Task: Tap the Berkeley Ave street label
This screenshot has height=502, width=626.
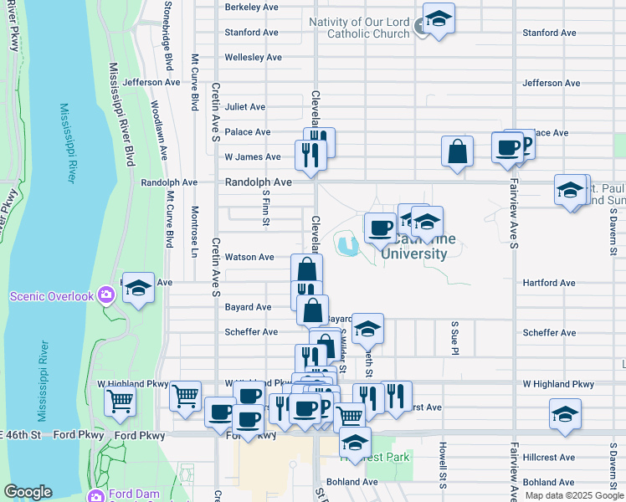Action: tap(251, 7)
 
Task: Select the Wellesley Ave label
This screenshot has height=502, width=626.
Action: tap(253, 58)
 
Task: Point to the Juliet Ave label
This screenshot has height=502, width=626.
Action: tap(245, 107)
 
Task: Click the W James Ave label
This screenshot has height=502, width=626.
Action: tap(253, 157)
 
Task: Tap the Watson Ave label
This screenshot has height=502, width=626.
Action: tap(249, 257)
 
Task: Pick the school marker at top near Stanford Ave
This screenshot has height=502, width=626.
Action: tap(438, 20)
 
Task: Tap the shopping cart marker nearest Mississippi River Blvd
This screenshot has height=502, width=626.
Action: tap(120, 402)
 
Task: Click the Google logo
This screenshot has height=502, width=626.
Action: tap(28, 492)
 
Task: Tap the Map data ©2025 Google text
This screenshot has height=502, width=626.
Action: tap(572, 495)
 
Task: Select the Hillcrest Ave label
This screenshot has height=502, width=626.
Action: tap(549, 458)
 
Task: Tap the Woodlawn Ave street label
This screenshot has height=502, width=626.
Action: tap(156, 125)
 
